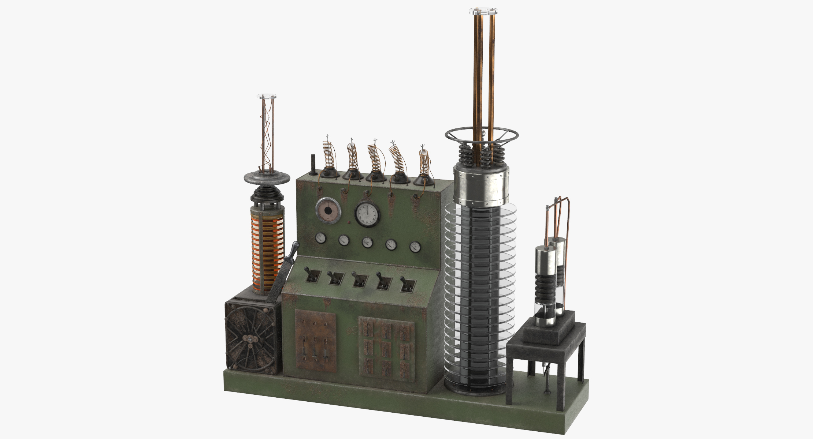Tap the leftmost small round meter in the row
tap(321, 239)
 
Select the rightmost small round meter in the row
tap(415, 247)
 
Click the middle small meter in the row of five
tap(367, 242)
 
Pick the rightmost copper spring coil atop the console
tap(423, 163)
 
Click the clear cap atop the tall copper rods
tap(483, 13)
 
